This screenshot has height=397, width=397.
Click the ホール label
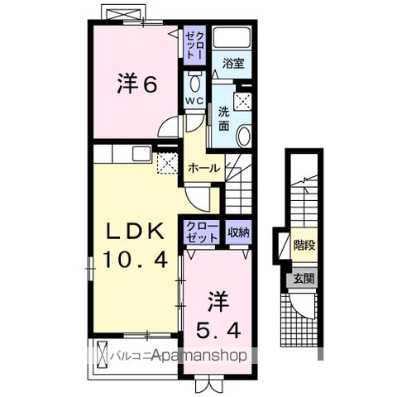[x=203, y=168]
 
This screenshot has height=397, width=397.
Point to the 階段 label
[x=304, y=245]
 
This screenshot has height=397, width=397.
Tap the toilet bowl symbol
[x=194, y=83]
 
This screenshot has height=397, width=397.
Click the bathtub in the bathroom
[x=232, y=38]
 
